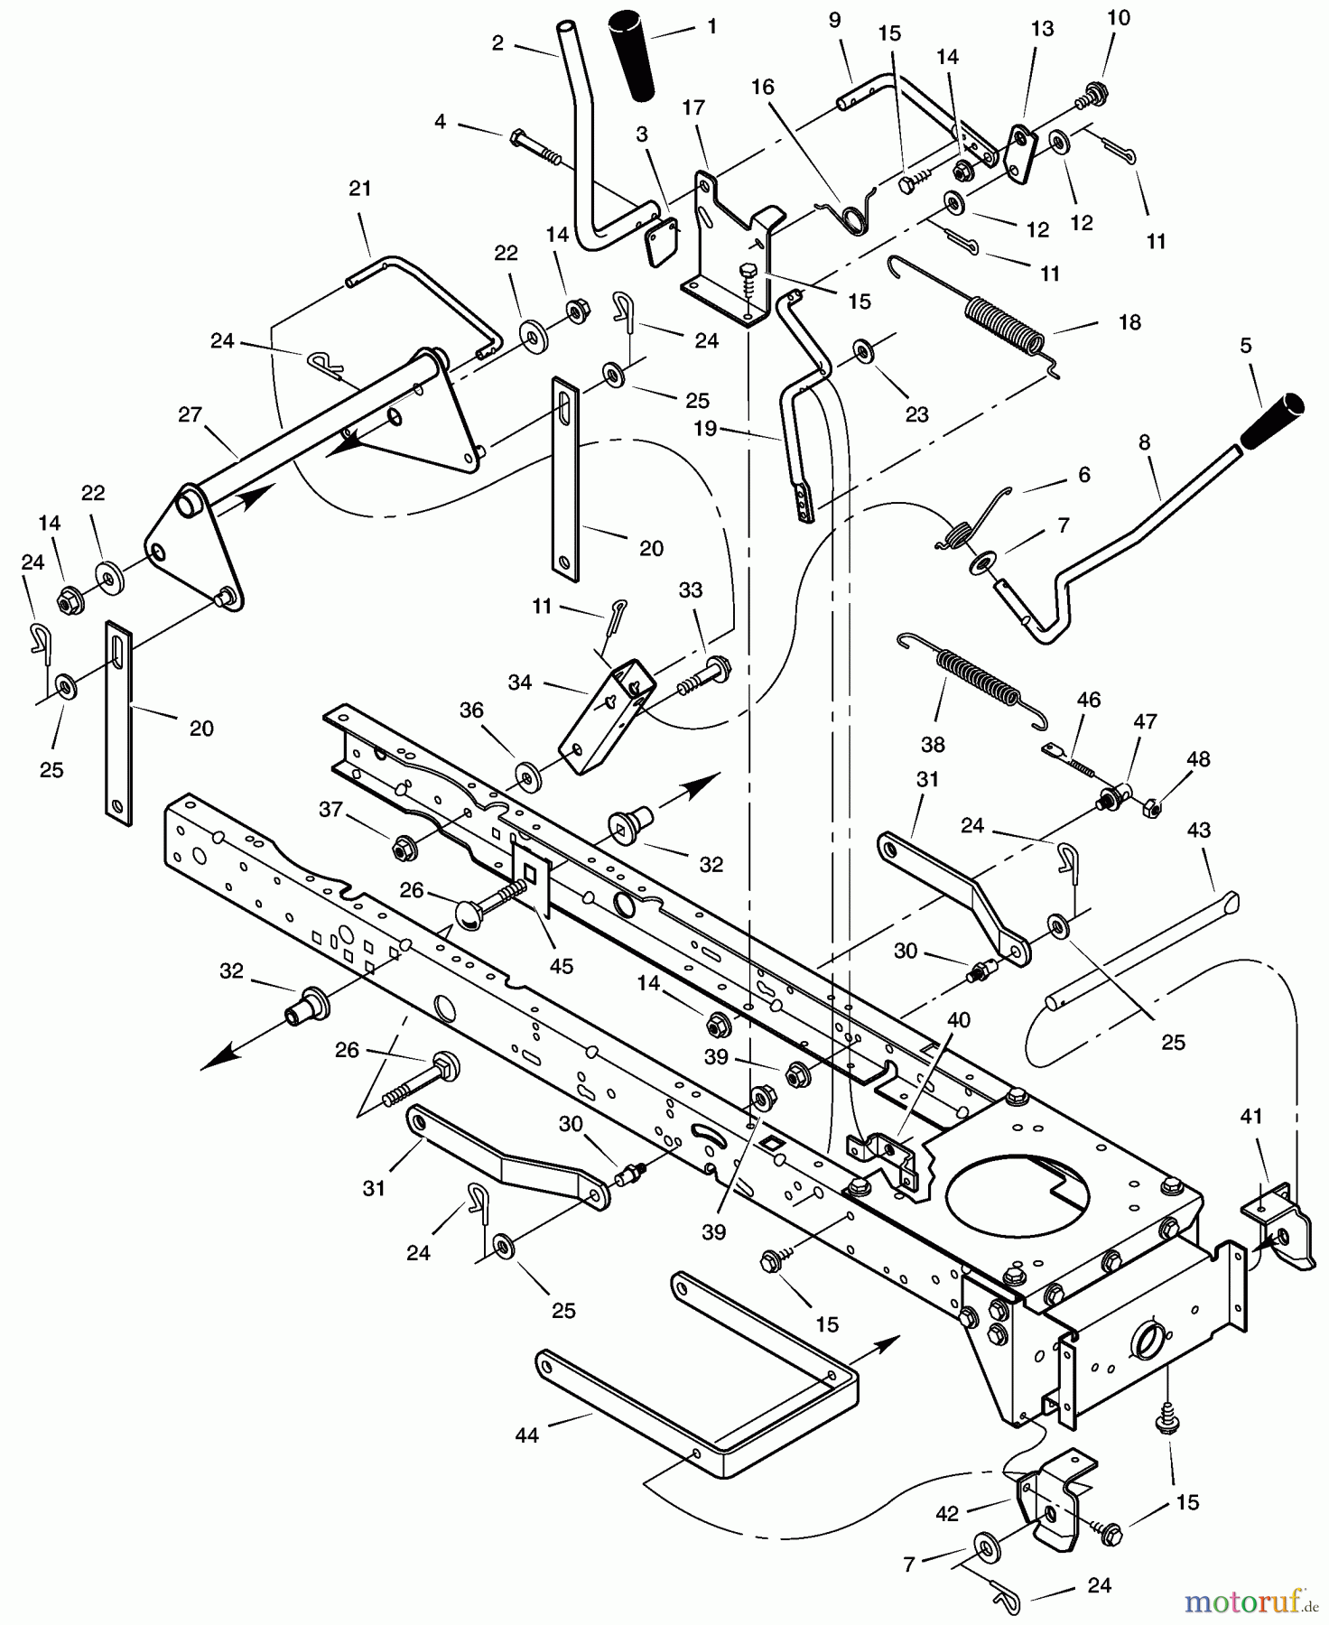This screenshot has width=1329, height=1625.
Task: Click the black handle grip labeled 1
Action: point(633,54)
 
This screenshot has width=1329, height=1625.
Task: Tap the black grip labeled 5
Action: point(1273,421)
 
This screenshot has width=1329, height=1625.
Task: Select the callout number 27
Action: point(190,414)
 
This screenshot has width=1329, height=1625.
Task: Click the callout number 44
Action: point(526,1434)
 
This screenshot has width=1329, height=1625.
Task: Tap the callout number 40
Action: point(958,1019)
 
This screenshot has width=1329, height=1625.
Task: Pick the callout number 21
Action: point(359,189)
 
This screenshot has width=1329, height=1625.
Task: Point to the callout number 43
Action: point(1198,830)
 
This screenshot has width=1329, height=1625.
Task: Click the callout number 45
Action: point(561,966)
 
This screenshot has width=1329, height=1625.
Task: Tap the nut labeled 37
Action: point(403,848)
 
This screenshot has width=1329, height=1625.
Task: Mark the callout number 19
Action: point(704,428)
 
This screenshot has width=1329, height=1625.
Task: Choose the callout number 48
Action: point(1198,759)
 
